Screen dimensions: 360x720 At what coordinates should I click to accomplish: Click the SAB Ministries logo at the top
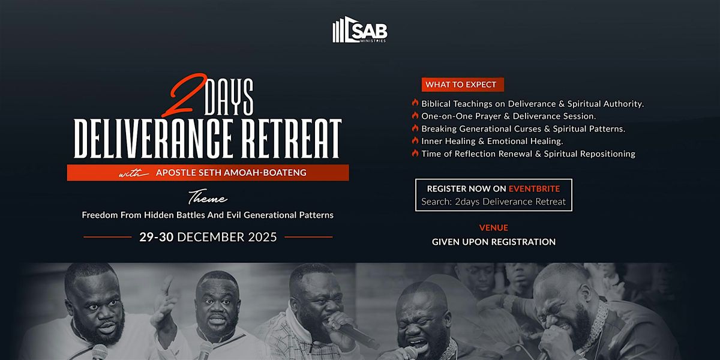point(360,31)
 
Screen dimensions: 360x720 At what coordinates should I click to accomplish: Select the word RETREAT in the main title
point(295,139)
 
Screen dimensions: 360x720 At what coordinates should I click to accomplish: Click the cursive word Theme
point(208,199)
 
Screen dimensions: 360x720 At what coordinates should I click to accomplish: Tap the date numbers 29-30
point(157,237)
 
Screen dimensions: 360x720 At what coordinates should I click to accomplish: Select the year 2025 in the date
point(262,237)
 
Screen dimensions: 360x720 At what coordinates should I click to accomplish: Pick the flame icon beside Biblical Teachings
point(415,103)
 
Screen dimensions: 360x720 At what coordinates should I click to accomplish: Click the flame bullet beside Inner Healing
point(415,141)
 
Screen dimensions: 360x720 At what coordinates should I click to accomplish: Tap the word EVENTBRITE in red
point(535,188)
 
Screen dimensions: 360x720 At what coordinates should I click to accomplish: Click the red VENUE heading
point(493,228)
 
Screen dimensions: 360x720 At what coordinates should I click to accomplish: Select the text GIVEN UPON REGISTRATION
point(493,242)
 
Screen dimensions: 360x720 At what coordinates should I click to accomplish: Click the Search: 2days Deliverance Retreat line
point(493,202)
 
